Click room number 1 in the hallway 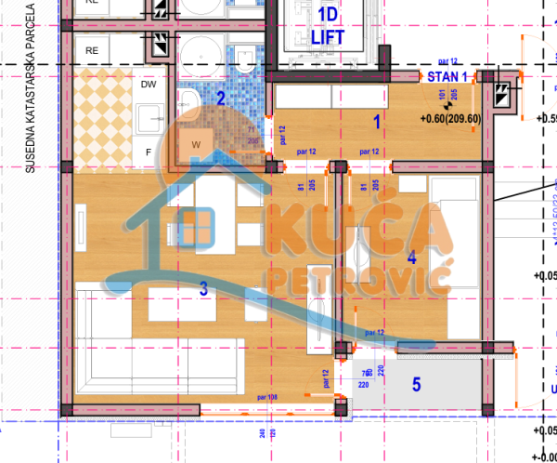click(377, 120)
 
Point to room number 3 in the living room click(203, 289)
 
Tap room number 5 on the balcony click(417, 383)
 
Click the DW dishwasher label click(149, 85)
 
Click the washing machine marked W click(197, 144)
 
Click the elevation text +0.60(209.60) click(450, 118)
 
